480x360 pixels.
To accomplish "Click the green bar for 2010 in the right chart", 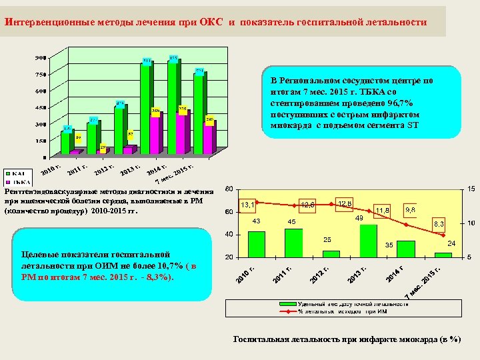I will [x=257, y=243].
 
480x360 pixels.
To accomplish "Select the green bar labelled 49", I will [x=369, y=240].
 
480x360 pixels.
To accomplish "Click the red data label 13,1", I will [x=247, y=205].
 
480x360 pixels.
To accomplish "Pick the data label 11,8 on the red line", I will [x=382, y=211].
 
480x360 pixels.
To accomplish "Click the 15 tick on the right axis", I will [x=470, y=189].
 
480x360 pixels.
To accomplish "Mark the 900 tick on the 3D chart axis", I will [x=41, y=57].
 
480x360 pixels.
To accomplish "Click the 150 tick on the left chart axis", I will [x=41, y=141].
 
